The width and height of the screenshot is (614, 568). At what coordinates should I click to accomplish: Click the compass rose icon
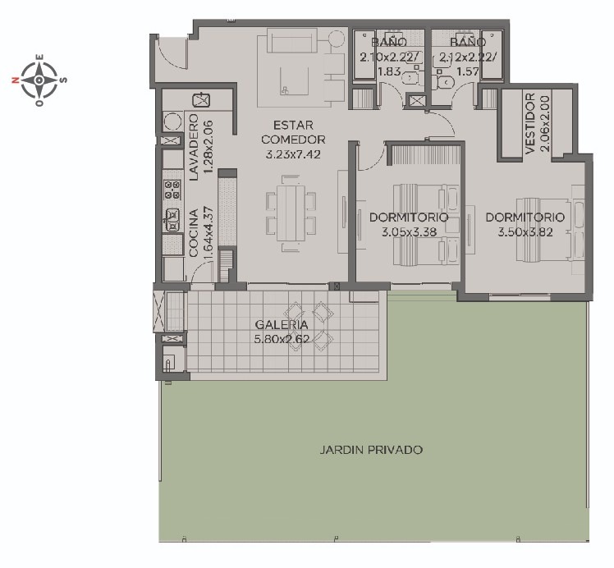(x=39, y=80)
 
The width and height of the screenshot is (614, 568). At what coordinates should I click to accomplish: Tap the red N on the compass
(x=16, y=80)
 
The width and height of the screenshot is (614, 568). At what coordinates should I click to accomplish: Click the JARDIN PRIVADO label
(x=371, y=450)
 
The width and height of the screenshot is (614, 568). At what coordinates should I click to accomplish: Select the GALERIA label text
(x=282, y=324)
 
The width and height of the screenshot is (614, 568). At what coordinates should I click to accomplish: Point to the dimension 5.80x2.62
(x=282, y=339)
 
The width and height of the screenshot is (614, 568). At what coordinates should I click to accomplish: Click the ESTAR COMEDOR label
(x=293, y=132)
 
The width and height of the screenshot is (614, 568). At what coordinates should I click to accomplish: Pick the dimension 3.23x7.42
(x=293, y=154)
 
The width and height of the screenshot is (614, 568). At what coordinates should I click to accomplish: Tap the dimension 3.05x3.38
(x=410, y=231)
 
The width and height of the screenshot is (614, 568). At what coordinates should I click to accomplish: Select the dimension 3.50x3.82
(x=525, y=231)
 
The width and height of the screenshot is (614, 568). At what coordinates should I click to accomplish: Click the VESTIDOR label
(x=529, y=123)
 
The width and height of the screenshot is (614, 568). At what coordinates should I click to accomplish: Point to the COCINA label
(x=194, y=233)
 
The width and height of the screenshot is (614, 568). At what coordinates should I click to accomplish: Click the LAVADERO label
(x=194, y=147)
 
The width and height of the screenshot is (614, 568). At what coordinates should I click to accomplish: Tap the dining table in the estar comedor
(x=291, y=213)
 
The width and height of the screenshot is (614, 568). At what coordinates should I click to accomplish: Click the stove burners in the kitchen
(x=172, y=190)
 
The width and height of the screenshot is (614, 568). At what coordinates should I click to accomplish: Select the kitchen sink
(x=172, y=220)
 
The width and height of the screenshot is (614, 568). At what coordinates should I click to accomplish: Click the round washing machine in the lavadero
(x=172, y=121)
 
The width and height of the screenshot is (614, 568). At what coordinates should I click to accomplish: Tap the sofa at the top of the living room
(x=292, y=40)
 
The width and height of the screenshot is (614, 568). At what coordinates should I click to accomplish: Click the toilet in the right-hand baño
(x=445, y=82)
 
